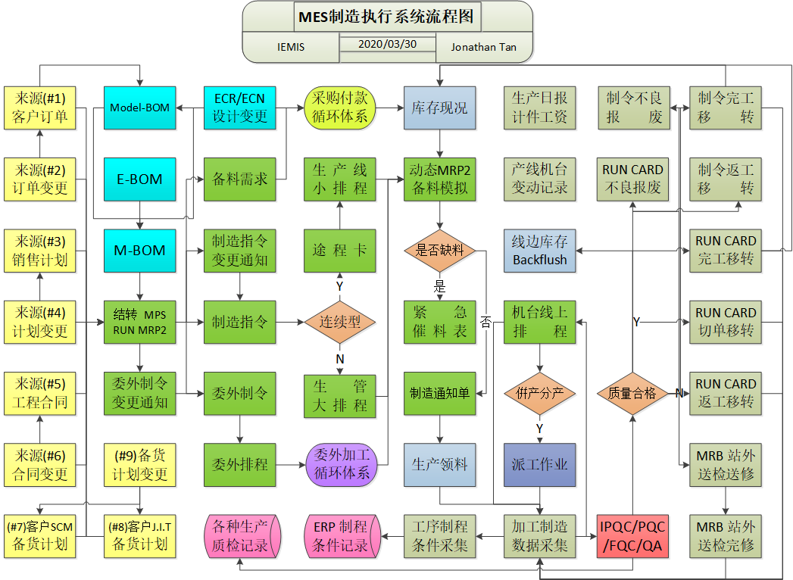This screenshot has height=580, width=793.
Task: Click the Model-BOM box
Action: pyautogui.click(x=139, y=108)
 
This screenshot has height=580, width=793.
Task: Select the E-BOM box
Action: pyautogui.click(x=139, y=179)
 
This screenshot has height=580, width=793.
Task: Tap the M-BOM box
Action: pyautogui.click(x=139, y=251)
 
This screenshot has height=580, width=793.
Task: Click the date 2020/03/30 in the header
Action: pyautogui.click(x=388, y=44)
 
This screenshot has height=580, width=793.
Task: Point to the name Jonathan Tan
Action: pyautogui.click(x=483, y=47)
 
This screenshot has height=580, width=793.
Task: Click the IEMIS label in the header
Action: pyautogui.click(x=291, y=47)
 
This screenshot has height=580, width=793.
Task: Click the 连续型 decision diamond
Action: pyautogui.click(x=339, y=322)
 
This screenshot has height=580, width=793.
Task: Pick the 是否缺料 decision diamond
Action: pyautogui.click(x=439, y=251)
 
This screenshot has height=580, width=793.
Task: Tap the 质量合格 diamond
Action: pyautogui.click(x=632, y=393)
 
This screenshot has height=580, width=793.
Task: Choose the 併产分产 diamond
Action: pyautogui.click(x=539, y=393)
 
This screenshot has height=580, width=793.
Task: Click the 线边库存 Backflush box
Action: pyautogui.click(x=539, y=251)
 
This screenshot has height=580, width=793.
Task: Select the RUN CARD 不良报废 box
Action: pyautogui.click(x=632, y=179)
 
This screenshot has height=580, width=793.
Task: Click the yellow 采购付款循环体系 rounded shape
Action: pyautogui.click(x=339, y=108)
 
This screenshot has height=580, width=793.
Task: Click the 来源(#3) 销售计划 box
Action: pyautogui.click(x=40, y=251)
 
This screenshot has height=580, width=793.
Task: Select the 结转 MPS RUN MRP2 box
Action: pyautogui.click(x=139, y=322)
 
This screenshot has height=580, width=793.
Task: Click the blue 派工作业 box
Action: pyautogui.click(x=539, y=465)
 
